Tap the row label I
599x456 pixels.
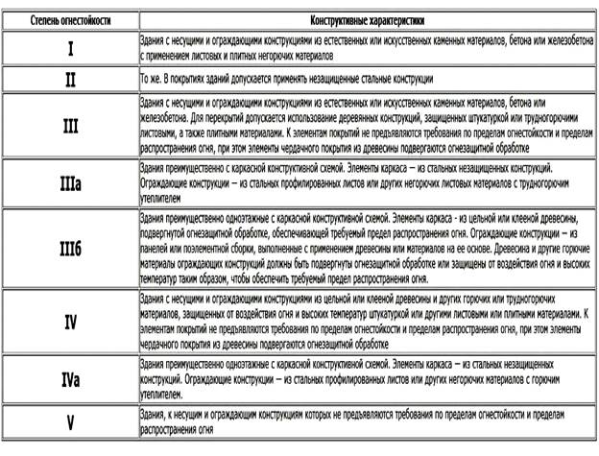tap(70, 46)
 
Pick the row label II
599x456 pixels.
tap(70, 79)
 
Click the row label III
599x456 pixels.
tap(70, 125)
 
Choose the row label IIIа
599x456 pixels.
tap(70, 179)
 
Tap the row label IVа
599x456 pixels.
tap(70, 379)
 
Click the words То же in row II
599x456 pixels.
tap(153, 77)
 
